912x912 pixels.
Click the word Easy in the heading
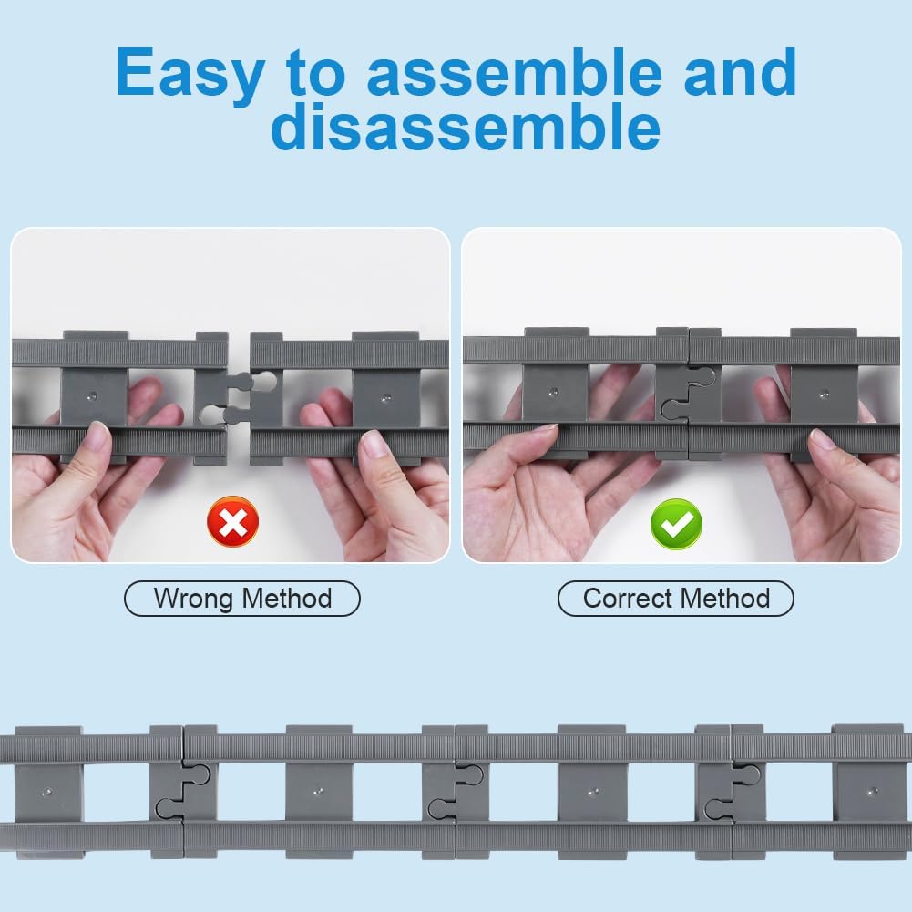point(190,73)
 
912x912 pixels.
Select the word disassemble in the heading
point(466,126)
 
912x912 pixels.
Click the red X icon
point(232,521)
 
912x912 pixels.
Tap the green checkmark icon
point(676,524)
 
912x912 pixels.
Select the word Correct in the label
point(627,598)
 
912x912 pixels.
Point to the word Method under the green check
point(725,598)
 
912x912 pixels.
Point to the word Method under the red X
point(287,598)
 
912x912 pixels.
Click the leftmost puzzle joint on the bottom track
point(182,791)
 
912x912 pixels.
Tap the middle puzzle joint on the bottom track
point(455,792)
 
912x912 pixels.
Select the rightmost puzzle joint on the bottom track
point(732,792)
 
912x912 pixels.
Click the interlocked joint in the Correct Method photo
point(688,394)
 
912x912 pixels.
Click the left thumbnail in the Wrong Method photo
point(97,434)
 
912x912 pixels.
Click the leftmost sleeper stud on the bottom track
point(47,792)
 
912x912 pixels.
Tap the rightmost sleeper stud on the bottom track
point(872,792)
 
